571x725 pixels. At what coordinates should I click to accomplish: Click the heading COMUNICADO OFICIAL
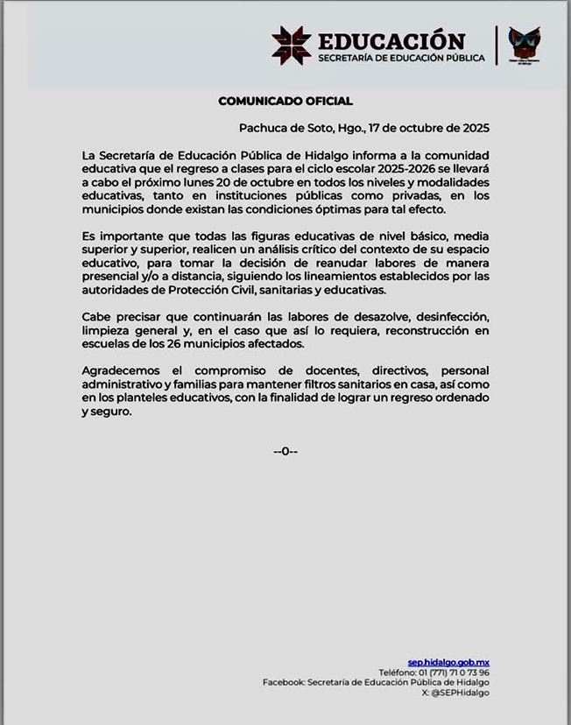pos(285,102)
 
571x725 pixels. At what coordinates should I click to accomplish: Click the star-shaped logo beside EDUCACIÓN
pos(292,45)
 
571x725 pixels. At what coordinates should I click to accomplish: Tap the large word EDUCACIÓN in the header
pos(391,41)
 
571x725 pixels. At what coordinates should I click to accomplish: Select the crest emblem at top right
pos(524,45)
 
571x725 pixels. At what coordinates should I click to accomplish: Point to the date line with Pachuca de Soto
pos(363,127)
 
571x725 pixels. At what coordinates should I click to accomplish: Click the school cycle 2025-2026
pos(446,169)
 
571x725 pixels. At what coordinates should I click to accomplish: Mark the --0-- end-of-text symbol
pos(285,451)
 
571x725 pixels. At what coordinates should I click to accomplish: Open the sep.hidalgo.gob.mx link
pos(448,662)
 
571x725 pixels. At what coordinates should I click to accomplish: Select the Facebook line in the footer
pos(376,682)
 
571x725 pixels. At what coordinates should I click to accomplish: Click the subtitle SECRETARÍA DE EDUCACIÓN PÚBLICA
pos(400,59)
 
